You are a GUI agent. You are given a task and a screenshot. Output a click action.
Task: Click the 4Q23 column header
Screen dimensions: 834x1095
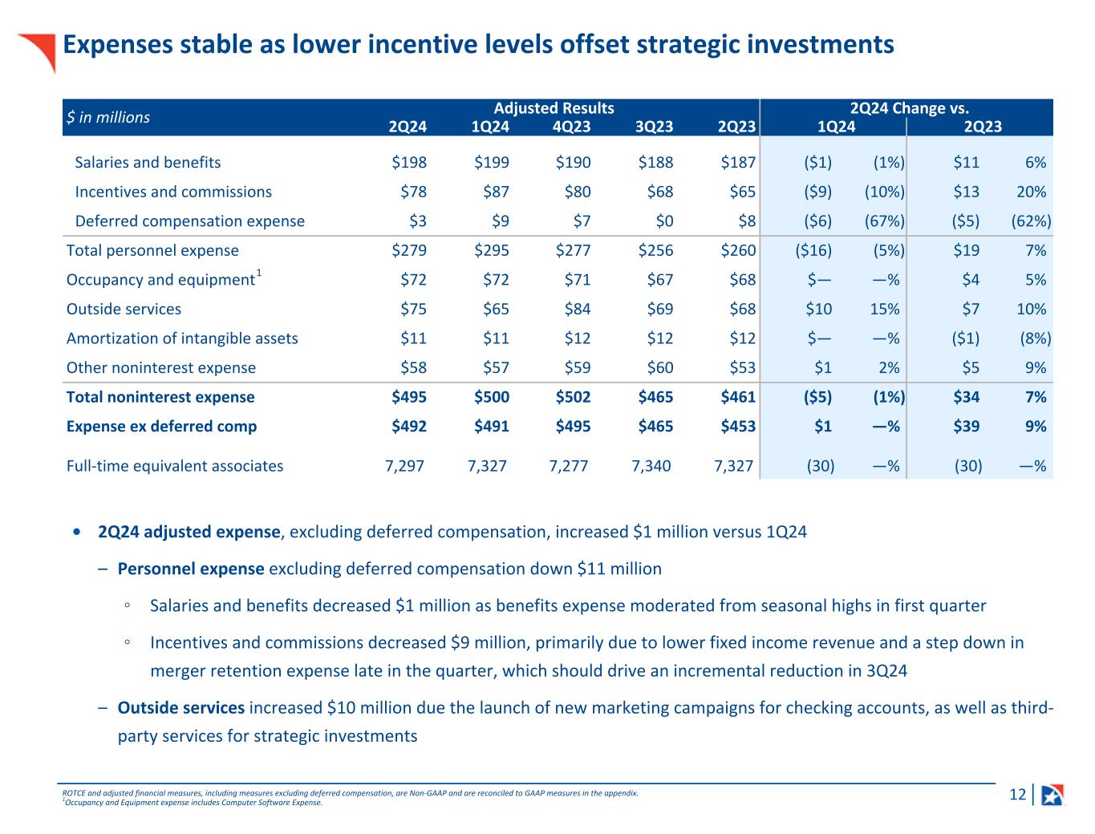tap(573, 126)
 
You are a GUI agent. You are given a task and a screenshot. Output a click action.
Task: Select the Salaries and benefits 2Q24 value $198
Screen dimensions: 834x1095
tap(409, 162)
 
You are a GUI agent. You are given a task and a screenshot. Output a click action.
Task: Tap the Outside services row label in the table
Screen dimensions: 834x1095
tap(124, 309)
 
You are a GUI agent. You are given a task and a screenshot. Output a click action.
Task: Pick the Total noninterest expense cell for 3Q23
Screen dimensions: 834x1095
tap(655, 397)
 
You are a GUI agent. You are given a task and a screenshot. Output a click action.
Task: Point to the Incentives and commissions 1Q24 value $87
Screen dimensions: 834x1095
tap(492, 192)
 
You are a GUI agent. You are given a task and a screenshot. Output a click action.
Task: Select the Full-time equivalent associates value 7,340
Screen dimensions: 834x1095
tap(651, 466)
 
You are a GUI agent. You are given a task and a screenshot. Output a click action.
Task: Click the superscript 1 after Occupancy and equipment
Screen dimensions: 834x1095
tap(259, 274)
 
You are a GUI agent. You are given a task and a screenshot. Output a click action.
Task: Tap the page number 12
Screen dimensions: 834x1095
tap(1017, 795)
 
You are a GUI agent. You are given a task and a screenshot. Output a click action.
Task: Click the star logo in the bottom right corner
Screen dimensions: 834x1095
tap(1052, 795)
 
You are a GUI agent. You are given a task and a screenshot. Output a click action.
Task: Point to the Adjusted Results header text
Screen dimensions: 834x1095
tap(554, 108)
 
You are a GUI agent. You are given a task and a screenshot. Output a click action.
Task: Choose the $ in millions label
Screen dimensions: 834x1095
tap(108, 117)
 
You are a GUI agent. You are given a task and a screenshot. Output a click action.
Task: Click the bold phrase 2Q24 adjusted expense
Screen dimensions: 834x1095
tap(189, 532)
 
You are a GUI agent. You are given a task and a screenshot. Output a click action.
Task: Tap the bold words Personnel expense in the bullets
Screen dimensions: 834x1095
tap(191, 569)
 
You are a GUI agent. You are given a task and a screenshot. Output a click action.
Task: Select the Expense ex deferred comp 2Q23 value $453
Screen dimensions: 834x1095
tap(738, 426)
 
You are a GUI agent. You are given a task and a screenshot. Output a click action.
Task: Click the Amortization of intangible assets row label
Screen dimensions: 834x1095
tap(182, 338)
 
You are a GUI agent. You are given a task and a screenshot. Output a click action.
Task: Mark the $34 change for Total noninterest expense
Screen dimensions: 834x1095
tap(966, 397)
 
